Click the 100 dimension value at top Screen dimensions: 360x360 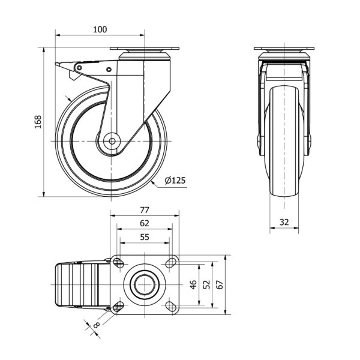[100, 29]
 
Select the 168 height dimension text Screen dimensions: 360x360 [38, 122]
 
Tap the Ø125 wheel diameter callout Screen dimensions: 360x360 [175, 180]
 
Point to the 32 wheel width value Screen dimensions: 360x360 [284, 222]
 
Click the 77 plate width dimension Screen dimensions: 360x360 [145, 210]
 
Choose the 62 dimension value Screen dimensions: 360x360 [145, 223]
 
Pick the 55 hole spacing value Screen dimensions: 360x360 [145, 237]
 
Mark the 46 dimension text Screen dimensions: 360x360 [194, 284]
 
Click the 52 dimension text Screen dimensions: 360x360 [206, 284]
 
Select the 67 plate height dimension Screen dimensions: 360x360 [220, 284]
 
